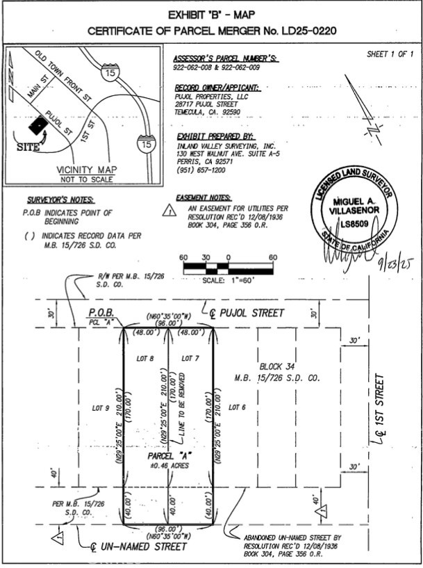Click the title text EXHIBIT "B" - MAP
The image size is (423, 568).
212,15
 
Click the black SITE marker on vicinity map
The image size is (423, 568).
39,126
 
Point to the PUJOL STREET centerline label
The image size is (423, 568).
243,314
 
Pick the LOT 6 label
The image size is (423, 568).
238,407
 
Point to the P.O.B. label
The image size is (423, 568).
101,314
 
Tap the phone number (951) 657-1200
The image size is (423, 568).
201,170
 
